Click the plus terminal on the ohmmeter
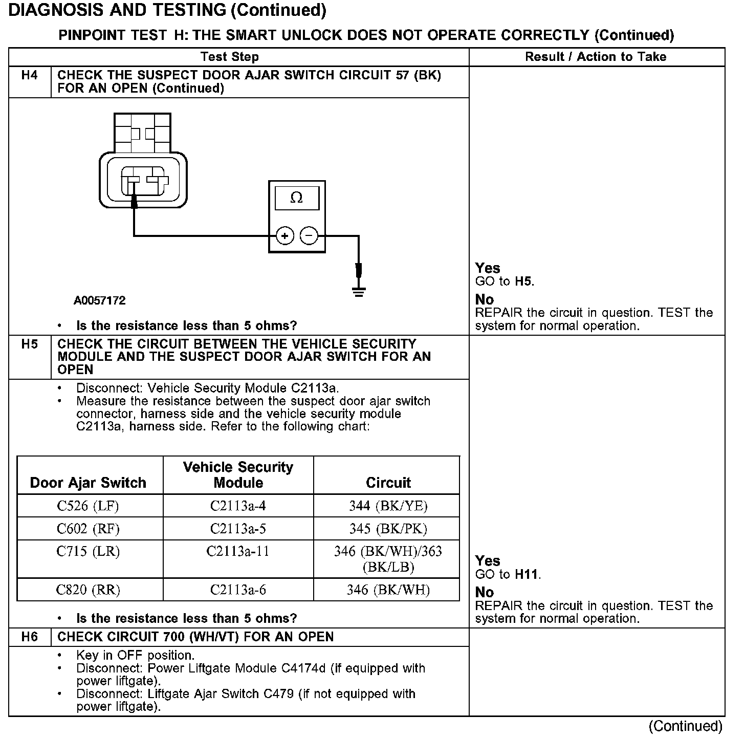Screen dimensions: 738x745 (284, 236)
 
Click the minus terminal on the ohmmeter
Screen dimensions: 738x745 (309, 236)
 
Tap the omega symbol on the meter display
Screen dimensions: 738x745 (296, 198)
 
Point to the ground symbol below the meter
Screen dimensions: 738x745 (359, 292)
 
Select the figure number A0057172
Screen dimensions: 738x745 (100, 300)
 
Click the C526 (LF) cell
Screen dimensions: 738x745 (87, 506)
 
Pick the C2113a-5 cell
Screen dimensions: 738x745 (238, 529)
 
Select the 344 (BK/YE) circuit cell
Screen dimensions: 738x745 (388, 506)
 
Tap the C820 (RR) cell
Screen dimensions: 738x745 (87, 590)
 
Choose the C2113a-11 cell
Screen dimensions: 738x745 (238, 552)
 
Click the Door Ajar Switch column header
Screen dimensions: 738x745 (88, 483)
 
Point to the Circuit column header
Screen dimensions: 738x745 (388, 483)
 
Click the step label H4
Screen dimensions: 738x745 (30, 75)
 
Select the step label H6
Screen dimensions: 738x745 (30, 637)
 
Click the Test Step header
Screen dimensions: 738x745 (230, 57)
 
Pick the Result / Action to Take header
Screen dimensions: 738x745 (596, 57)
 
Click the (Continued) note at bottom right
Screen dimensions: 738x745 (685, 726)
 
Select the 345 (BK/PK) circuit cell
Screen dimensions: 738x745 (388, 529)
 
